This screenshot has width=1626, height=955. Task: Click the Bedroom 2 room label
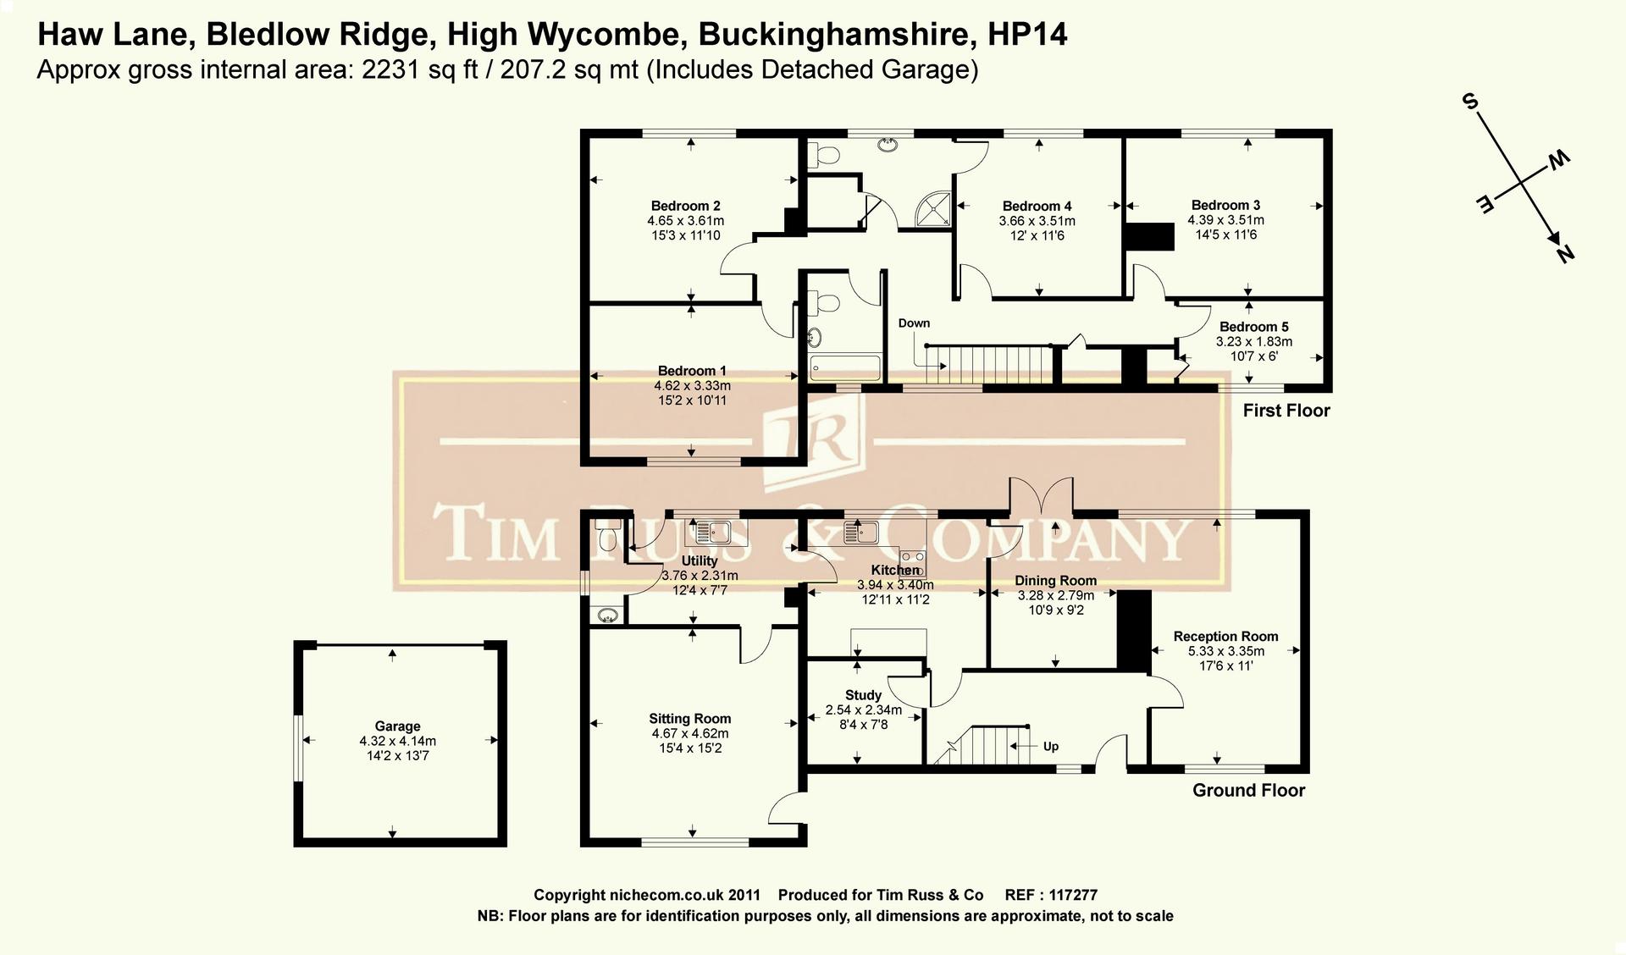tap(685, 206)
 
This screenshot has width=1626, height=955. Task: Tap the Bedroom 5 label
tap(1253, 327)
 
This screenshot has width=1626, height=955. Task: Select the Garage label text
tap(397, 726)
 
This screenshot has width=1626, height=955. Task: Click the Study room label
tap(863, 695)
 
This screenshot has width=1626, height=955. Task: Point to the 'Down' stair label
tap(914, 323)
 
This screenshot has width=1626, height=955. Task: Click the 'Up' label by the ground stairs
tap(1050, 747)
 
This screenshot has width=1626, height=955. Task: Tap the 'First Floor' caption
tap(1286, 411)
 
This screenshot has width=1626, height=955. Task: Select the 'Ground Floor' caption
tap(1248, 791)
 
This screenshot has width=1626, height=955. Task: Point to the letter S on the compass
tap(1470, 103)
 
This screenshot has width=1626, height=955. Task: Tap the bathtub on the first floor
tap(845, 367)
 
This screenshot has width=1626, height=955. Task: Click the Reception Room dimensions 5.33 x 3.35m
tap(1225, 651)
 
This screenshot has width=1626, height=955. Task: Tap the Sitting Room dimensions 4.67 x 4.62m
tap(689, 733)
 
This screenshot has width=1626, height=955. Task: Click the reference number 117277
tap(1072, 895)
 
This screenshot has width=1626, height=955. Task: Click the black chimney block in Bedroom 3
tap(1149, 236)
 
